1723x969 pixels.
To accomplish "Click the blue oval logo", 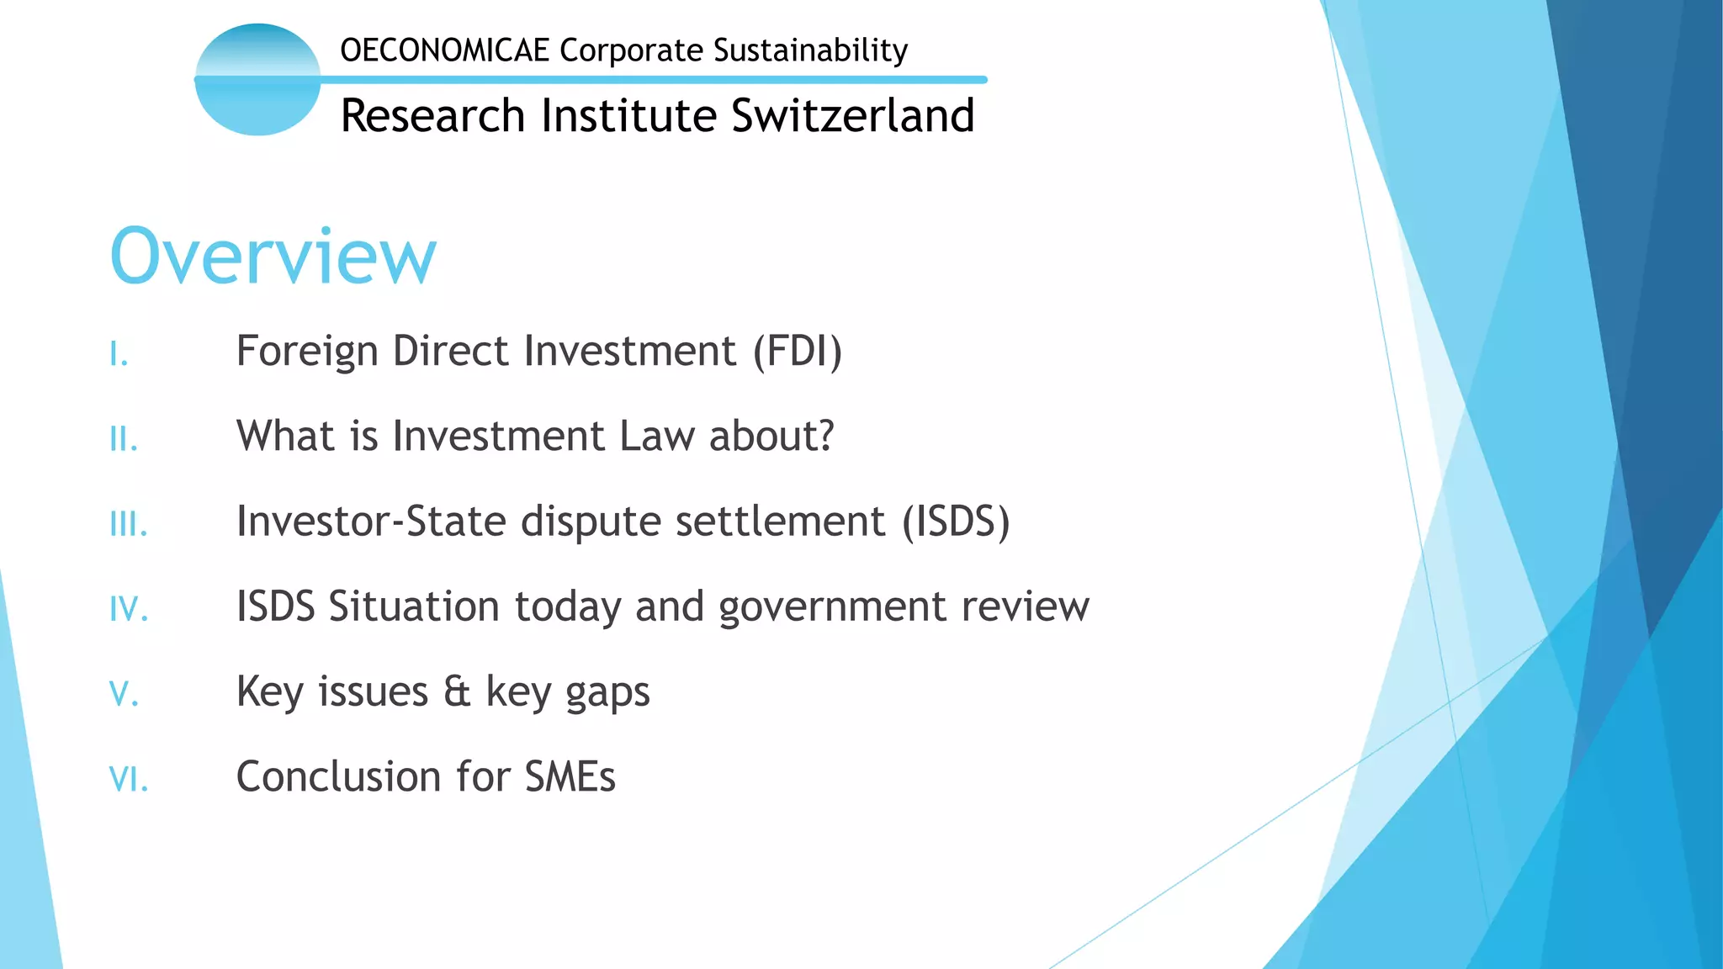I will point(257,80).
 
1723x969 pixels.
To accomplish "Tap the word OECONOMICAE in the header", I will point(444,50).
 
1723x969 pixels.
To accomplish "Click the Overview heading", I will point(273,256).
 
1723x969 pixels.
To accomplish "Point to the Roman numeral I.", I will point(119,354).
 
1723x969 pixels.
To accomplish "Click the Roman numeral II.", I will point(124,439).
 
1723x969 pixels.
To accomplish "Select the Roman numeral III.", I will point(129,524).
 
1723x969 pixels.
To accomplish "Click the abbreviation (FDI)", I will point(797,352).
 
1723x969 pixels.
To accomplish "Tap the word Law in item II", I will point(657,436).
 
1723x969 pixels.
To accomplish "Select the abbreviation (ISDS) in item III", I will point(956,522).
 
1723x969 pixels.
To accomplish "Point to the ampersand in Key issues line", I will point(457,691).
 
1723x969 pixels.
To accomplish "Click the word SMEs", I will point(570,776).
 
